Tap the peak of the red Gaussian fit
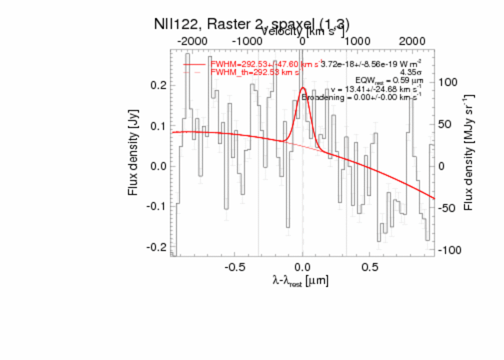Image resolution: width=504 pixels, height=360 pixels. coord(303,88)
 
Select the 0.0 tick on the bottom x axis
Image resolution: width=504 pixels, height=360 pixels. coord(302,266)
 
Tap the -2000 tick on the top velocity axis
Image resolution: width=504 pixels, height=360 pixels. coord(194,41)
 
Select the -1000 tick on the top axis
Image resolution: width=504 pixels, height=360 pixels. coord(248,41)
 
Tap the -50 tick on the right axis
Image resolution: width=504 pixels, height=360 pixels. coord(449,208)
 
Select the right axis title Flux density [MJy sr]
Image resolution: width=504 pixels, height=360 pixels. coord(469,152)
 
